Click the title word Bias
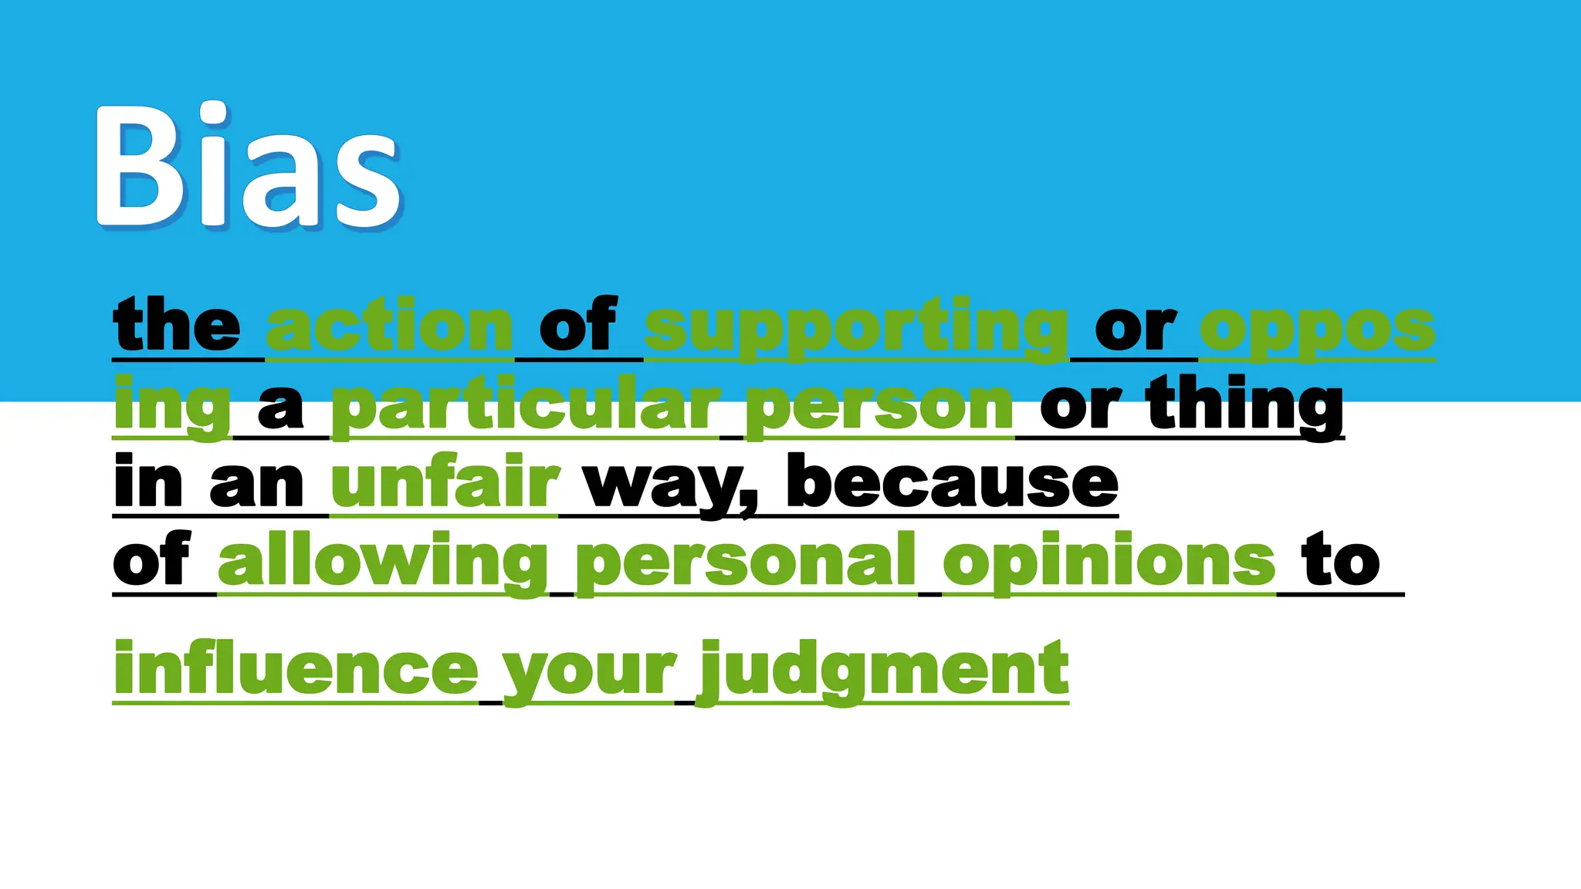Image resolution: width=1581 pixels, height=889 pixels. pyautogui.click(x=249, y=167)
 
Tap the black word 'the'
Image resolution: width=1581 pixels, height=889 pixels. pyautogui.click(x=177, y=326)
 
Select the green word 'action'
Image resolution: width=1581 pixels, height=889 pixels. pyautogui.click(x=390, y=326)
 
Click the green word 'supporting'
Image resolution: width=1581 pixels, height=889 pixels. pyautogui.click(x=856, y=328)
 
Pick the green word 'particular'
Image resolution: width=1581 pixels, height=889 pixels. pyautogui.click(x=525, y=407)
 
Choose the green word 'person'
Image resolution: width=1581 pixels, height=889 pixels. pyautogui.click(x=879, y=407)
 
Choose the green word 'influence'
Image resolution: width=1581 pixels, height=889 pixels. pyautogui.click(x=296, y=668)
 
